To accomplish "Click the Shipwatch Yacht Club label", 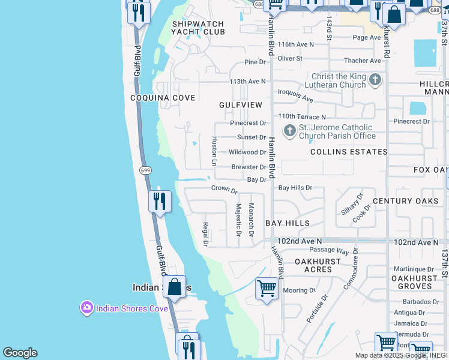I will click(197, 28).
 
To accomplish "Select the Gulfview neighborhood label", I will click(241, 105).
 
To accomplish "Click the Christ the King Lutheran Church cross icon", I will click(375, 80).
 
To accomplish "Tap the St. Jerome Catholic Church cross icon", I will click(290, 130).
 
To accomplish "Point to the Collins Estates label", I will click(349, 152).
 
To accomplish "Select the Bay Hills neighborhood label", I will click(288, 223).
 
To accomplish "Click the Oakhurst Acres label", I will click(318, 265).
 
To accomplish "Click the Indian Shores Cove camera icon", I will click(87, 308).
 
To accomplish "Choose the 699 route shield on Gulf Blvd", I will click(145, 170).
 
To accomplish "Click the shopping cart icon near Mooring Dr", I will click(267, 289).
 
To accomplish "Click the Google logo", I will click(20, 353).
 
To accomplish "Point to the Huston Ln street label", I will click(214, 150).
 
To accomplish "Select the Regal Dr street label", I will click(205, 234).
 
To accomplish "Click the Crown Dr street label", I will click(224, 188).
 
